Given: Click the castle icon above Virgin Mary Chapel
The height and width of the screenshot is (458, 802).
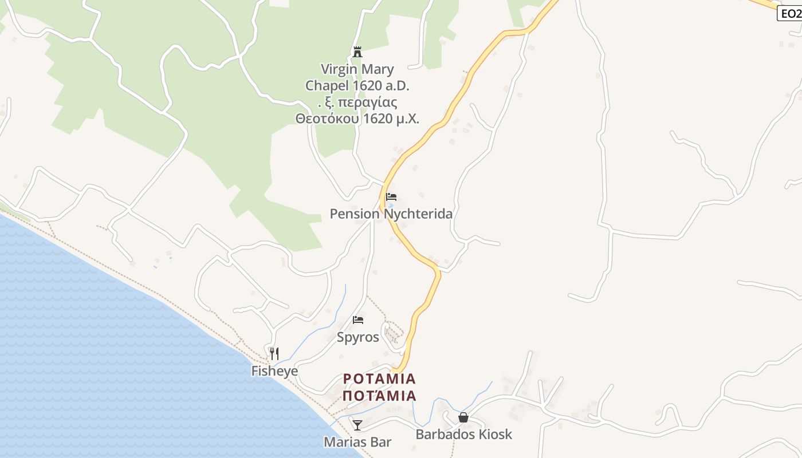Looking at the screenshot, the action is (x=357, y=52).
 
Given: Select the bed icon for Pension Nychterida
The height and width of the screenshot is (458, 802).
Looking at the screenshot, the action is (x=391, y=197).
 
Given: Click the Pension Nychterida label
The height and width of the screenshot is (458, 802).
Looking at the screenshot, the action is (x=391, y=214).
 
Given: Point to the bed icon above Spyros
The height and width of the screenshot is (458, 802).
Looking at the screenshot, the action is (x=358, y=320).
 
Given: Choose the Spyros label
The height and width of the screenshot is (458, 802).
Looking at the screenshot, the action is (x=358, y=337).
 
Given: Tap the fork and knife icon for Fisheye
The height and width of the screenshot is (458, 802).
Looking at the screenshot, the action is (x=274, y=353).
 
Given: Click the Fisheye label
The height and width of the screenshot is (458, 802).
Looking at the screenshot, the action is (x=274, y=371).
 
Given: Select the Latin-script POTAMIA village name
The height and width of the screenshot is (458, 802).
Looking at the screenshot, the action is (x=379, y=379).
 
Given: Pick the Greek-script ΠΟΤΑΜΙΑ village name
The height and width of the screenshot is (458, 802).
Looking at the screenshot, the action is (x=379, y=396).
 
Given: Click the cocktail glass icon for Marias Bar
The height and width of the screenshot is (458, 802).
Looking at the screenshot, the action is (x=357, y=425).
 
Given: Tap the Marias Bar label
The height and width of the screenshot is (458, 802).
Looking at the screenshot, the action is (x=357, y=442).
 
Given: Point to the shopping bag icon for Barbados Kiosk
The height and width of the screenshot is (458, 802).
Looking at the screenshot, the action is (x=463, y=417).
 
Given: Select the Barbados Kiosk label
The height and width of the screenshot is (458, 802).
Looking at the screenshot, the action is (x=463, y=435).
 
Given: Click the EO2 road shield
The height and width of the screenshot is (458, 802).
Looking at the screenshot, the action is (x=790, y=13).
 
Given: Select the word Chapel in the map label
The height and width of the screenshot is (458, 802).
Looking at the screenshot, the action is (x=327, y=86).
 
